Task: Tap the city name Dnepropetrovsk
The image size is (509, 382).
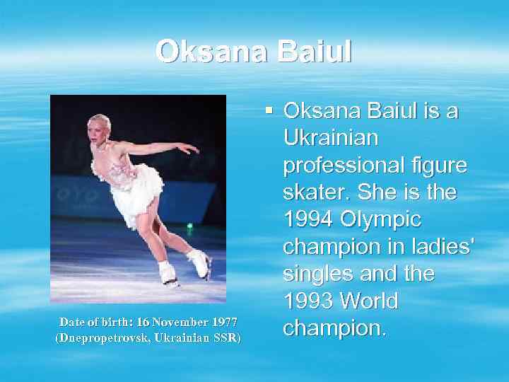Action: [x=101, y=338]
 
